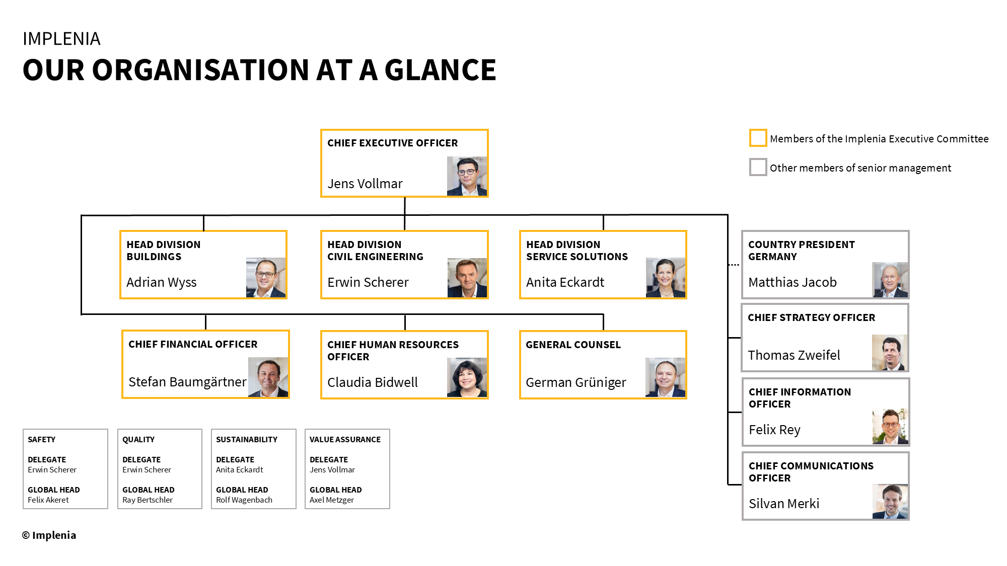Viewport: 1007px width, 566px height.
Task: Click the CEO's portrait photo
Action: point(467,176)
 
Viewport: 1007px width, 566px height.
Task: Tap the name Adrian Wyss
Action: point(161,282)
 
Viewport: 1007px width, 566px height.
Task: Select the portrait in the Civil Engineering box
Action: point(467,278)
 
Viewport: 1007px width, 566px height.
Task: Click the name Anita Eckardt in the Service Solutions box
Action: point(565,282)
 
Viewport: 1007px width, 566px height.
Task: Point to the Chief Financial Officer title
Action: point(193,344)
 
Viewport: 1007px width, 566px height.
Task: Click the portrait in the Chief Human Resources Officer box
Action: point(467,377)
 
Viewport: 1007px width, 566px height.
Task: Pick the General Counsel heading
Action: point(573,345)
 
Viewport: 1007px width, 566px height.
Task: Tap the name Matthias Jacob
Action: point(792,282)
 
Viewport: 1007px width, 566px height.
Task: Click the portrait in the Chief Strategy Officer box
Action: point(890,353)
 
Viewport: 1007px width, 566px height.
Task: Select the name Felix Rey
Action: point(774,430)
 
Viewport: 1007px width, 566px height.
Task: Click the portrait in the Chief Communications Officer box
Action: point(890,501)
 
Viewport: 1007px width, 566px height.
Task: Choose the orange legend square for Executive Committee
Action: point(758,138)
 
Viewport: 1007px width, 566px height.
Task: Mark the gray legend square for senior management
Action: point(758,167)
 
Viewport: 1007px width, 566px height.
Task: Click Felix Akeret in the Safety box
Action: point(48,500)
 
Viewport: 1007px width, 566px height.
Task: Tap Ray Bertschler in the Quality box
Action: point(148,500)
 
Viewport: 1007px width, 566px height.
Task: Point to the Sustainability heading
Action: point(247,439)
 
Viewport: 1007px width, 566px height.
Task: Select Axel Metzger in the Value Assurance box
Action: point(332,500)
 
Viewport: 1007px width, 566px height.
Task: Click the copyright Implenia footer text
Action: point(49,535)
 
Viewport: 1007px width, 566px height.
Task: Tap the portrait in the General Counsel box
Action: point(665,377)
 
